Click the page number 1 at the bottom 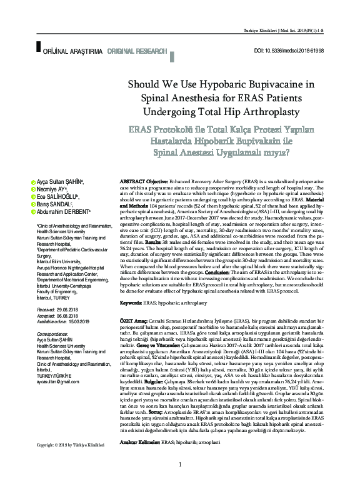(180, 482)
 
